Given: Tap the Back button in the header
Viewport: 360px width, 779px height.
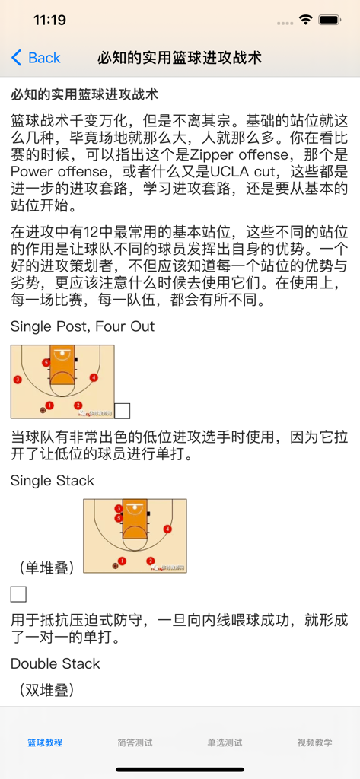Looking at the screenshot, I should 36,58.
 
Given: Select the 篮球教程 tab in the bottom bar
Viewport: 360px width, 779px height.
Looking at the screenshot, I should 45,742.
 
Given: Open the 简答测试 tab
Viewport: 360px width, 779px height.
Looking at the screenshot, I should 135,742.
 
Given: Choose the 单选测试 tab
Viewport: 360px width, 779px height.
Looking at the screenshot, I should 225,742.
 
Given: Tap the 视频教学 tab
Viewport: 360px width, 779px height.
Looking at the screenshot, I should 314,742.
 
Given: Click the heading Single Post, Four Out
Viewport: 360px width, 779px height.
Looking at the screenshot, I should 82,326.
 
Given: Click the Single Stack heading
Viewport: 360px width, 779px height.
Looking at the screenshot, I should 53,480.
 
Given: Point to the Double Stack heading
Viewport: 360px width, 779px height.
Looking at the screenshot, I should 56,663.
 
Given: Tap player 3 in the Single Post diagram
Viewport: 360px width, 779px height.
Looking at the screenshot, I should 18,379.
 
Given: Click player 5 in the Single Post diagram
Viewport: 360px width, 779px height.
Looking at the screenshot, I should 46,363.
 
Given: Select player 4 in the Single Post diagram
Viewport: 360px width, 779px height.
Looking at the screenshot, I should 94,377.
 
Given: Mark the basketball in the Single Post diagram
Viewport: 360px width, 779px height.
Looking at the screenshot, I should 43,411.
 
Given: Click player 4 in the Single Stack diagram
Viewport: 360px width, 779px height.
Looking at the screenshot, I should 167,529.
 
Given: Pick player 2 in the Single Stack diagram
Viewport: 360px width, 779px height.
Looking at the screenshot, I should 151,561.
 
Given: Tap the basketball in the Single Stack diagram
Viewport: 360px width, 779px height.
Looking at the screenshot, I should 116,565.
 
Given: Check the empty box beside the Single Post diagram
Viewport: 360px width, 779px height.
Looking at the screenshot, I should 122,411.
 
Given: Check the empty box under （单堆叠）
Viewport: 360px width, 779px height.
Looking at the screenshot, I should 18,594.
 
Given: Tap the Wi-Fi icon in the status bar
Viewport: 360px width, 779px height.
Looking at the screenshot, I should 306,21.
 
